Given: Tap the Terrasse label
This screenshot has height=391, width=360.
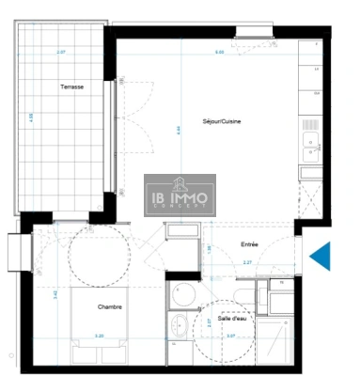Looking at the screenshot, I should [72, 86].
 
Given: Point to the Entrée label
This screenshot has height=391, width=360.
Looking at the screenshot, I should [249, 243].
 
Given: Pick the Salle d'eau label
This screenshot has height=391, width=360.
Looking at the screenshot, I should [231, 320].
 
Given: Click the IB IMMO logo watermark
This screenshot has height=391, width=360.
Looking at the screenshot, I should [180, 195].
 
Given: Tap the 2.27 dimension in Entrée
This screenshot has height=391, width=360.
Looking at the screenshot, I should [246, 262].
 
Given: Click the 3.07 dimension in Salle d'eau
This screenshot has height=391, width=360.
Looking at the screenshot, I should [229, 335].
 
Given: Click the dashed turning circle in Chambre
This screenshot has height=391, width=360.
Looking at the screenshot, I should [90, 258].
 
